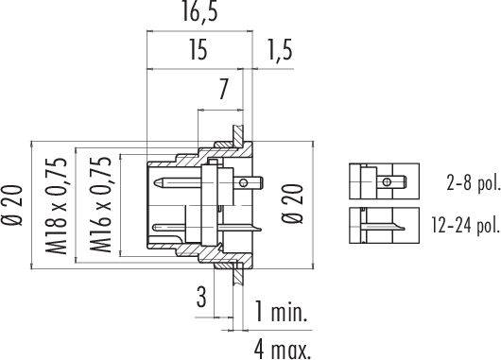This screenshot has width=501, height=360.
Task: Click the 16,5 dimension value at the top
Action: point(199,12)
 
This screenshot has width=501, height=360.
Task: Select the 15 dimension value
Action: point(199,49)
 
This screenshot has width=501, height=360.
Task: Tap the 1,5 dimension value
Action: point(280,49)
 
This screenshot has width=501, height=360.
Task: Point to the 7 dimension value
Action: point(223,89)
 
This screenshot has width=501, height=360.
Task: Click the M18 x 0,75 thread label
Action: point(57,206)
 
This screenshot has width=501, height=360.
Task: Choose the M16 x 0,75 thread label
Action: point(100,205)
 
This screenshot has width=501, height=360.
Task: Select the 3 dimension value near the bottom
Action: point(201,297)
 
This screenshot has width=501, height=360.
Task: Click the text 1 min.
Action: point(281,311)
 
